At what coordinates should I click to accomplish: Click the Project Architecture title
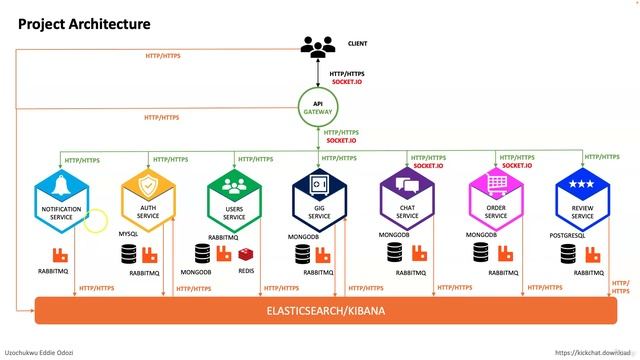85,23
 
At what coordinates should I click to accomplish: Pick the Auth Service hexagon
148,199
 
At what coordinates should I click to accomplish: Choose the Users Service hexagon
234,199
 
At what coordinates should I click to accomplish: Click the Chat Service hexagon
407,199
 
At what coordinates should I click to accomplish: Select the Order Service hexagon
496,199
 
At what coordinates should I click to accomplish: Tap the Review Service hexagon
582,199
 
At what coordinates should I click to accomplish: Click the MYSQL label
128,233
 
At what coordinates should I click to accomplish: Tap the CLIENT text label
357,44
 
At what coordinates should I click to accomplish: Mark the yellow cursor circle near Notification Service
95,219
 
